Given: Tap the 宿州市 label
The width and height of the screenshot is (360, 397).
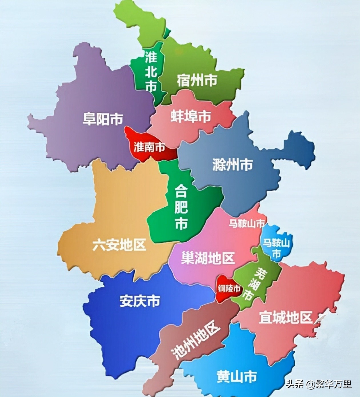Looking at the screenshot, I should click(x=197, y=80).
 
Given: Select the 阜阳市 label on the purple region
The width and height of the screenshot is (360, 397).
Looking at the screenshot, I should click(x=103, y=119).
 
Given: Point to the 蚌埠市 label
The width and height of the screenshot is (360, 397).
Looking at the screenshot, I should click(x=191, y=117).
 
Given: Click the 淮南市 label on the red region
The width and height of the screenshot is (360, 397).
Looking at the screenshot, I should click(x=149, y=147).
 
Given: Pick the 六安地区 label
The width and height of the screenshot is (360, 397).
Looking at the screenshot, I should click(x=119, y=245).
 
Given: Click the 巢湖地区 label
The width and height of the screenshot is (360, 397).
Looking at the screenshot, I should click(x=208, y=258).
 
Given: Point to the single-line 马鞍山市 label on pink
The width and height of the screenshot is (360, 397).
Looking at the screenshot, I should click(x=247, y=224).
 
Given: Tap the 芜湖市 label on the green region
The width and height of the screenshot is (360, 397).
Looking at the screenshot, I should click(x=254, y=283).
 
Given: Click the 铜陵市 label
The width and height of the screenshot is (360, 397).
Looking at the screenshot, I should click(x=229, y=289).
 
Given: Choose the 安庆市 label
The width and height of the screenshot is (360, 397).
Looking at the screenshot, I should click(x=140, y=301).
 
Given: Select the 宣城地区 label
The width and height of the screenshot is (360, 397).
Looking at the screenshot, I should click(x=285, y=317).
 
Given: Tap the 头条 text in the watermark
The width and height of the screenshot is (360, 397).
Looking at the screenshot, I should click(x=295, y=384).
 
